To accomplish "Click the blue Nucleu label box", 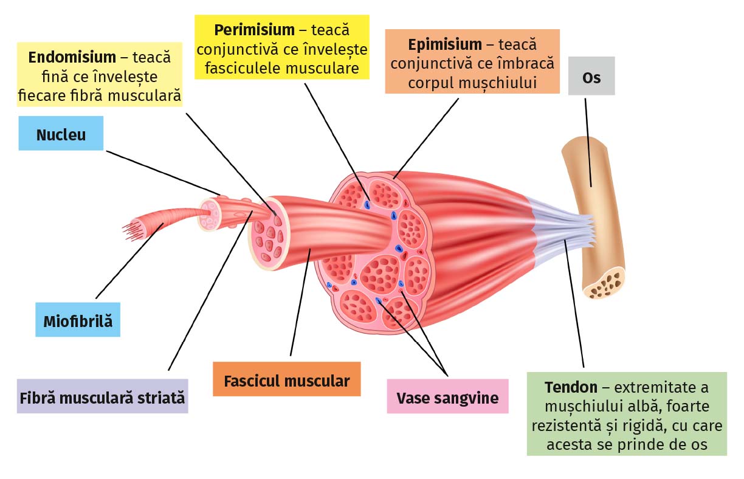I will point(61,134).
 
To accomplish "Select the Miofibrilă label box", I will point(78,321).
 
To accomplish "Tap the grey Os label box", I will point(591,77).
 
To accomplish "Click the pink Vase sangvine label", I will point(447,398).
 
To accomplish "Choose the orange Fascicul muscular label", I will point(286,381).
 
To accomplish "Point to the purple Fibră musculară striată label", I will point(102,398).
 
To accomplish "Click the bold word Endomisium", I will point(72,58).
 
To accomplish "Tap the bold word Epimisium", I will point(445,45).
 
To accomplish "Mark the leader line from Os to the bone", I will point(588,140).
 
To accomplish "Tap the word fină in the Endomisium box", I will point(57,77).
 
